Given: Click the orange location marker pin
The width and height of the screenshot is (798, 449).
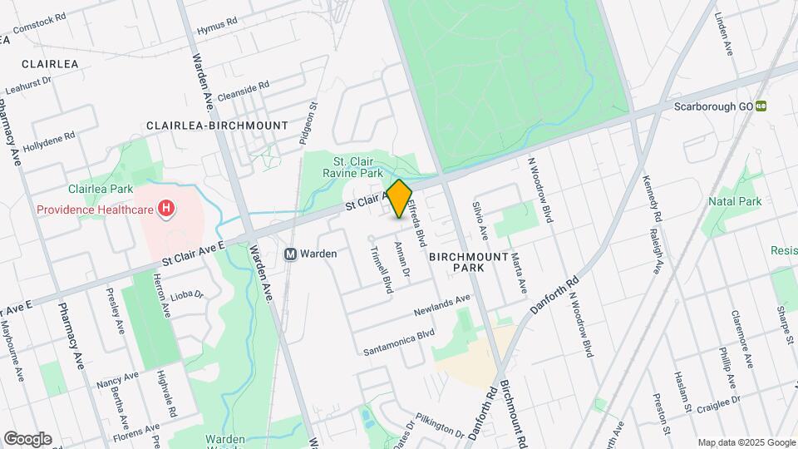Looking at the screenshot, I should (x=399, y=199).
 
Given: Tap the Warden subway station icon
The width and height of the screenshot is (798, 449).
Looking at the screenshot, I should (x=291, y=254).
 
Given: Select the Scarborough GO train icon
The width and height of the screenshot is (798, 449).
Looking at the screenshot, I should (x=761, y=107).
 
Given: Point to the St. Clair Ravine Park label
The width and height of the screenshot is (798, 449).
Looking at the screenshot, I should (x=357, y=167).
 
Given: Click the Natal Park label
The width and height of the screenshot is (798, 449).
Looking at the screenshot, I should (x=735, y=201).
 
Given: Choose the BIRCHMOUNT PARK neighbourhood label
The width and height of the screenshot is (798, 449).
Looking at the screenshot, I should (x=469, y=263).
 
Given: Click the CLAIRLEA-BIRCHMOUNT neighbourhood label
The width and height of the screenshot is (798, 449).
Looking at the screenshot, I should (x=217, y=126).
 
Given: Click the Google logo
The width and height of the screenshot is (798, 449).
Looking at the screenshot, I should (x=27, y=438).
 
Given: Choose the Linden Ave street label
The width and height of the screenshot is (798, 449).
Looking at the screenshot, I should (x=722, y=35).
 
